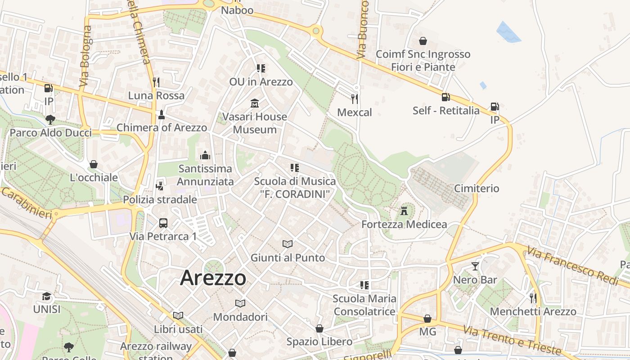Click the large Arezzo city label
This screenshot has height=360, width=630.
[x=213, y=278]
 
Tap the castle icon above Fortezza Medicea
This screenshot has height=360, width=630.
[x=404, y=210]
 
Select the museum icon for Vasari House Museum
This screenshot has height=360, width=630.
[x=255, y=103]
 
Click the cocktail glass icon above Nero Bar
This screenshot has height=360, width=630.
[x=475, y=266]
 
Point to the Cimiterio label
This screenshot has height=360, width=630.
[x=477, y=188]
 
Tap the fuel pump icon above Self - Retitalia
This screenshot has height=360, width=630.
[x=445, y=97]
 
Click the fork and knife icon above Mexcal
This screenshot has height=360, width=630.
[x=355, y=99]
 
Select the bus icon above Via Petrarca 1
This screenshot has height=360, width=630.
[x=163, y=223]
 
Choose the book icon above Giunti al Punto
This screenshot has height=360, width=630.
[x=288, y=244]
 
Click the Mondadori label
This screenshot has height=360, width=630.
[x=240, y=317]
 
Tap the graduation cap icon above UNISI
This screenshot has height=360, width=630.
[x=47, y=296]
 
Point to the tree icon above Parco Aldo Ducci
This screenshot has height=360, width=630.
[x=50, y=119]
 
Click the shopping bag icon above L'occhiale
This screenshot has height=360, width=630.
[x=94, y=164]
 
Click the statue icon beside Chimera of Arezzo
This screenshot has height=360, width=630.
[x=162, y=115]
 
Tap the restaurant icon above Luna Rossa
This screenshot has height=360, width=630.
[x=156, y=82]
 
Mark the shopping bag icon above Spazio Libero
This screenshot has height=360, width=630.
[x=319, y=328]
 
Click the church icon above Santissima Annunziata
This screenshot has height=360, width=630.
[x=205, y=155]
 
